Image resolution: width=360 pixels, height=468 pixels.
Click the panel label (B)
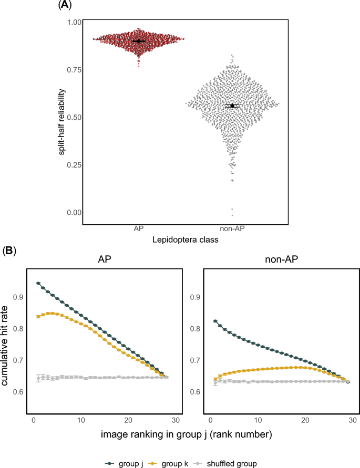[x=10, y=251]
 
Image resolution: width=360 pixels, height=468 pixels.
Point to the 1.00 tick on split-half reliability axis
[x=74, y=22]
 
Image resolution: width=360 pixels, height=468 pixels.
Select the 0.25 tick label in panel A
[x=74, y=165]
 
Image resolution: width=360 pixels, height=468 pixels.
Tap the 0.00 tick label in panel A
[x=74, y=212]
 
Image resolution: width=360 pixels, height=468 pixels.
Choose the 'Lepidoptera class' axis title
[x=186, y=240]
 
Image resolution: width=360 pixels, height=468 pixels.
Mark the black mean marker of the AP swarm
[x=139, y=41]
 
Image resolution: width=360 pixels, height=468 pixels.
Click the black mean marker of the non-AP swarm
[x=232, y=106]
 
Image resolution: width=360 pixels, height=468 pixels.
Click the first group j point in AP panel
[x=38, y=283]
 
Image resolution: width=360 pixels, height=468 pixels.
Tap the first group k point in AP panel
[x=38, y=316]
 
